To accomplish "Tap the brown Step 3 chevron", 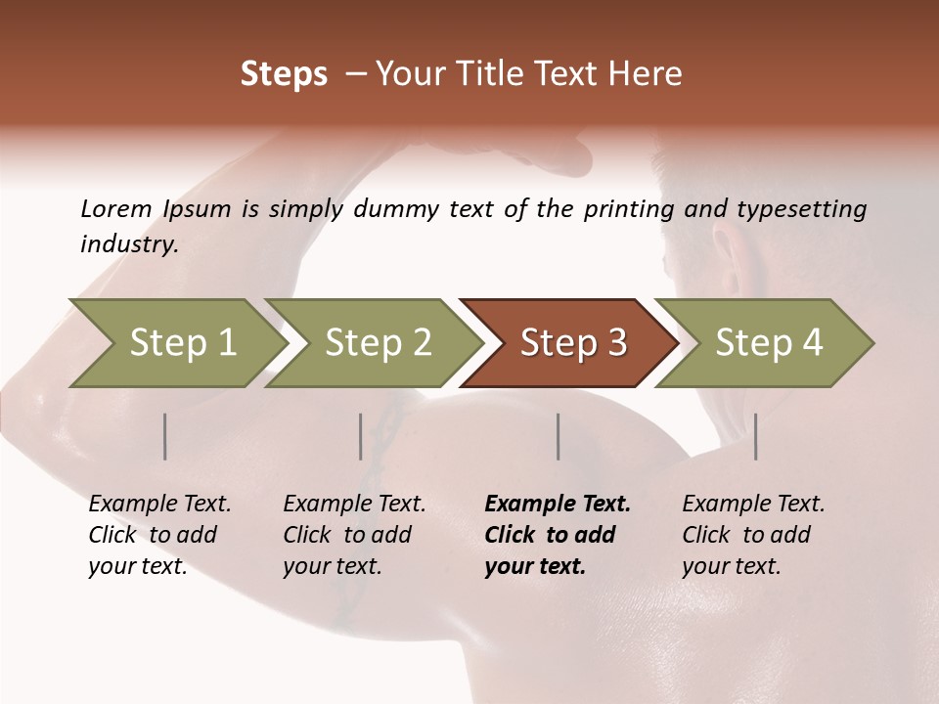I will click(x=573, y=343).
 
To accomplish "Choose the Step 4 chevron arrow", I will click(x=769, y=343).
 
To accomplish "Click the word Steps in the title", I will click(x=284, y=74).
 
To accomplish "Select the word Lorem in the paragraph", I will click(x=116, y=209).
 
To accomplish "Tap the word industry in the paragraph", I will click(x=129, y=244).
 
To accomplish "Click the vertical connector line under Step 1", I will click(x=165, y=436).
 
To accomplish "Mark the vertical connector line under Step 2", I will click(x=361, y=436).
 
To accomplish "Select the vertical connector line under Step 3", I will click(x=558, y=436).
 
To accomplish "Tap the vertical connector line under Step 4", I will click(x=755, y=436).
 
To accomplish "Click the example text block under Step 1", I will click(x=159, y=535).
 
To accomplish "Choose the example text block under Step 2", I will click(x=354, y=535).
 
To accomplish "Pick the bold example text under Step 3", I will click(x=558, y=535).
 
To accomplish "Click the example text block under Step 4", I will click(x=753, y=535).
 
